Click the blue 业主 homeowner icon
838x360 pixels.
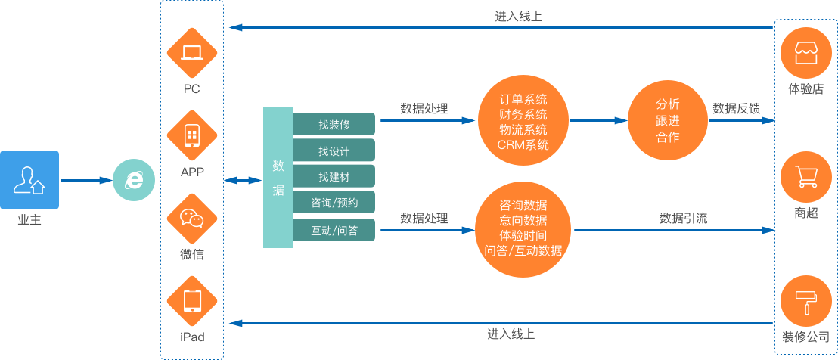tap(29, 180)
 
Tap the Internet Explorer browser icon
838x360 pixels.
tap(133, 180)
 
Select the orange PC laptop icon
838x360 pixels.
tap(192, 53)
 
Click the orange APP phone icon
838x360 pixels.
tap(192, 136)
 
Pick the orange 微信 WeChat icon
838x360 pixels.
tap(192, 219)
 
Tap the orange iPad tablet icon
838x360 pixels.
tap(192, 302)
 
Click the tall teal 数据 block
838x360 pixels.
tap(278, 178)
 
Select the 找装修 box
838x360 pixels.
tap(334, 124)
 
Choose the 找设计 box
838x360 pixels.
tap(334, 151)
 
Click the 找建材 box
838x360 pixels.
tap(334, 177)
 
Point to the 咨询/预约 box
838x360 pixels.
tap(334, 203)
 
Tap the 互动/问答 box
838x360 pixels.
tap(334, 229)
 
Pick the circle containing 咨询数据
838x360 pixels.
tap(523, 227)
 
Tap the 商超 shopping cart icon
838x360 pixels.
tap(806, 178)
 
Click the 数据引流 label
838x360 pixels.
tap(684, 219)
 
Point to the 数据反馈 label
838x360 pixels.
tap(737, 108)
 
